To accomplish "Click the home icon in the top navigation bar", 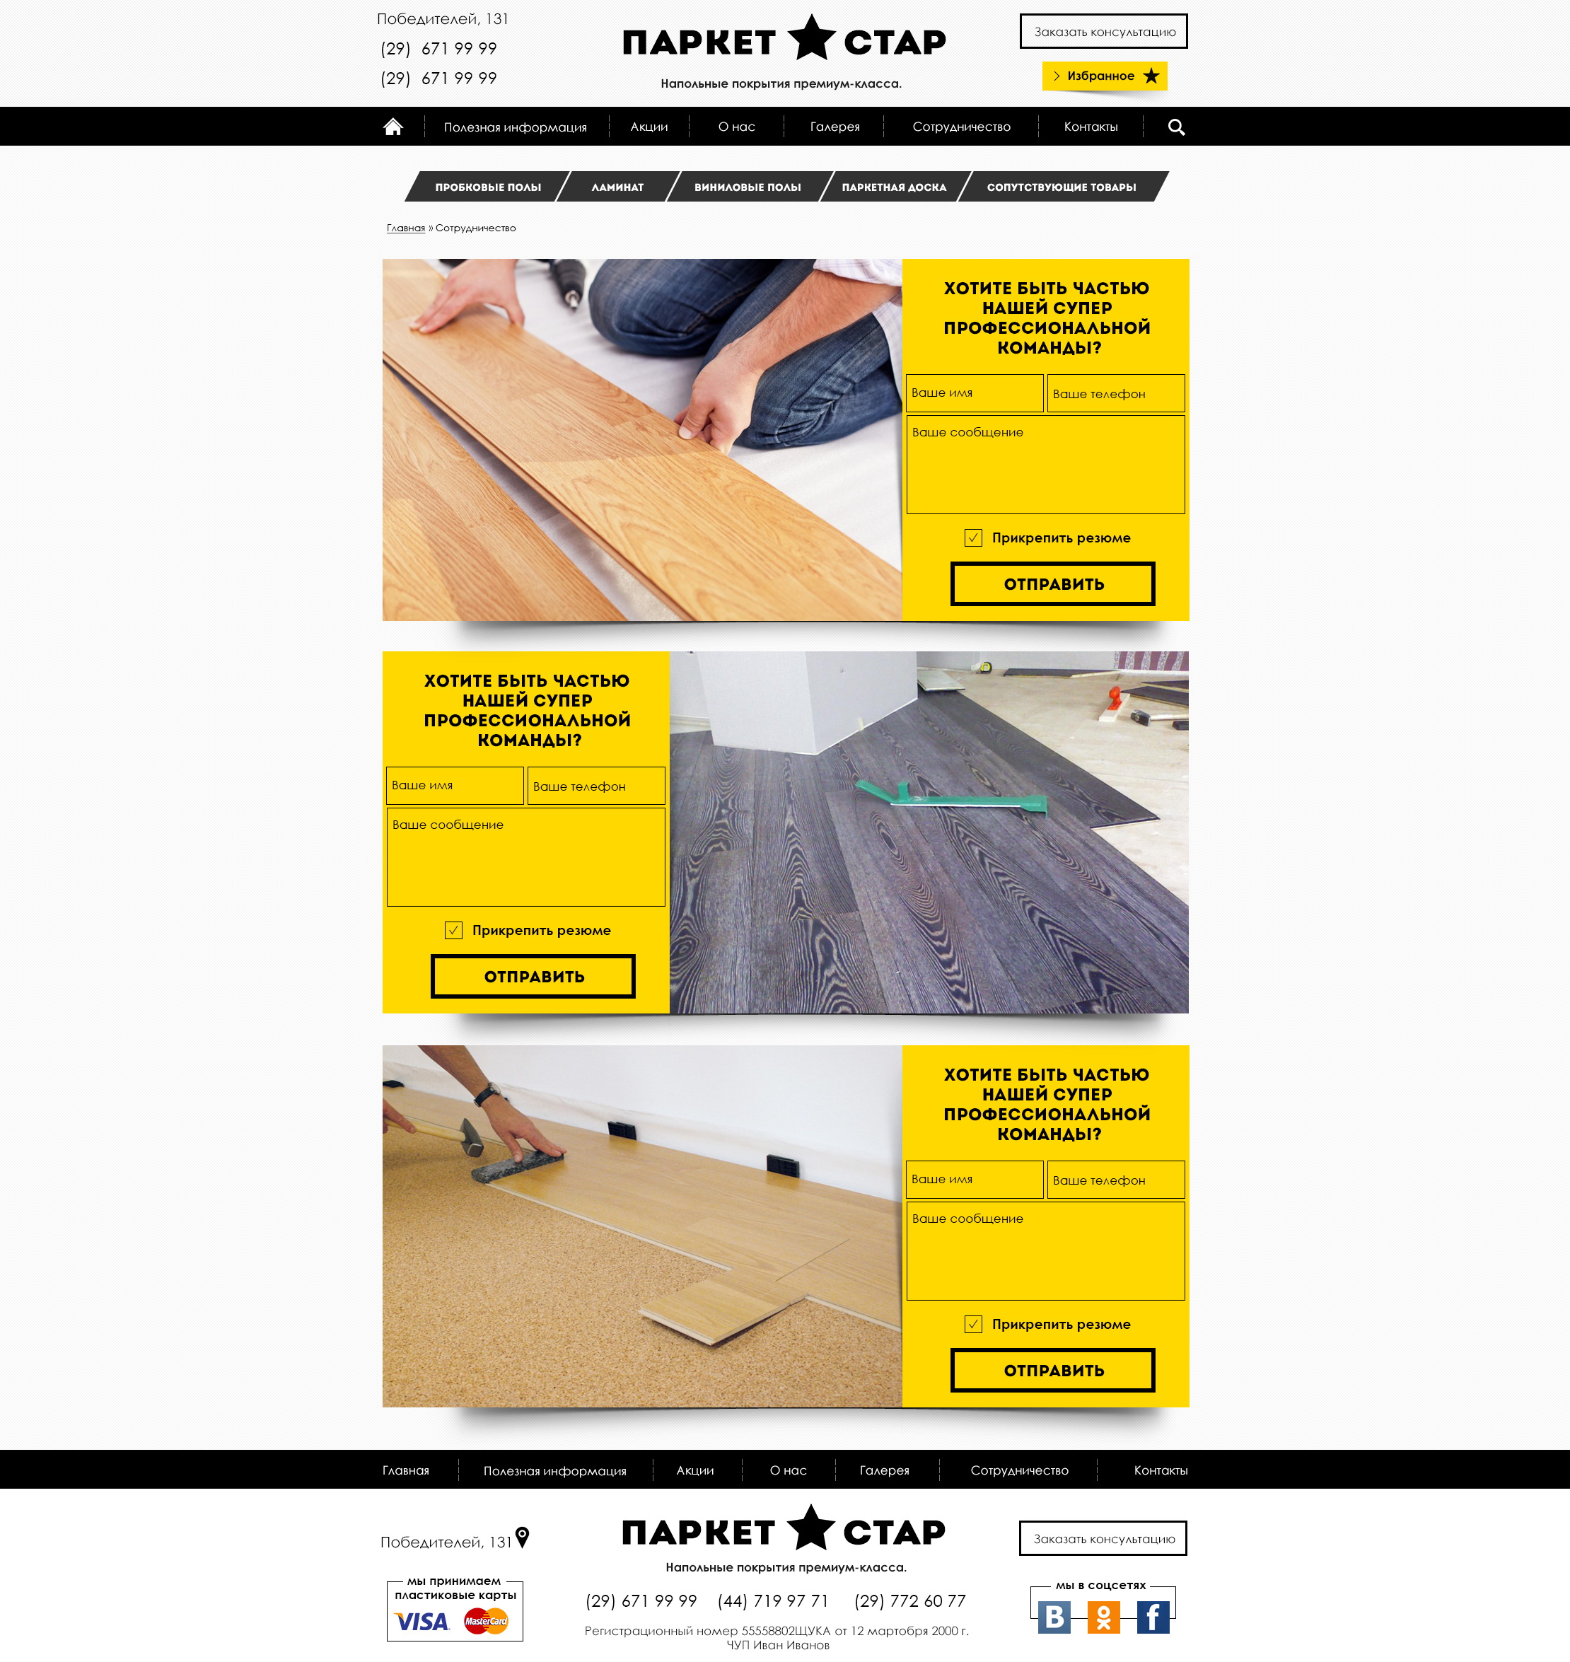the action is click(x=392, y=127).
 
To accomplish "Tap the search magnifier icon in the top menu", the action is click(x=1176, y=127).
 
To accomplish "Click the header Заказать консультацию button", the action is click(x=1104, y=32).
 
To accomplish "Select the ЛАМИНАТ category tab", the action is click(x=617, y=187).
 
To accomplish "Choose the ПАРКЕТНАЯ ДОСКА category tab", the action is click(x=894, y=187).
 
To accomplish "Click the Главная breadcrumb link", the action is click(x=406, y=228).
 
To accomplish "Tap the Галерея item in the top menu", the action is click(x=835, y=127).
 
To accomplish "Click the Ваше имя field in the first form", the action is click(x=974, y=393).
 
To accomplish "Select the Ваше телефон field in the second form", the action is click(x=597, y=786).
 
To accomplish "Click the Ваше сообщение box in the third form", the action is click(x=1045, y=1250).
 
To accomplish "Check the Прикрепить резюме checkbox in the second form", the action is click(x=453, y=930).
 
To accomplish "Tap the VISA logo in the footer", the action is click(x=421, y=1622).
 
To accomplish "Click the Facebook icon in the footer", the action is click(x=1152, y=1617).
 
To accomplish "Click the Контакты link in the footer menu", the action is click(x=1160, y=1470).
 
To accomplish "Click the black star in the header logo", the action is click(x=811, y=37).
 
